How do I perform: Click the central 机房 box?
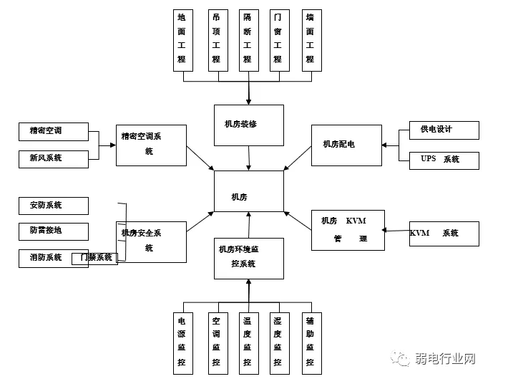(x=249, y=191)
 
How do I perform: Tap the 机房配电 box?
(x=346, y=145)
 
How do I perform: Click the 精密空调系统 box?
(x=151, y=145)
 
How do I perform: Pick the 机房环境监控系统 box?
(x=249, y=258)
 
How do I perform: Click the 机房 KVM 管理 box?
(x=348, y=230)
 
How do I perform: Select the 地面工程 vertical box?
(x=183, y=40)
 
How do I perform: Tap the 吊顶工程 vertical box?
(x=216, y=40)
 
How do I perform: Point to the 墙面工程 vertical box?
(x=310, y=40)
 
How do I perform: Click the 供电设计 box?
(x=444, y=130)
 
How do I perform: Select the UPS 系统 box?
(x=444, y=160)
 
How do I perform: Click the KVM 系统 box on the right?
(x=444, y=234)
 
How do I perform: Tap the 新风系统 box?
(x=54, y=158)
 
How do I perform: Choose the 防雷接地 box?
(x=54, y=231)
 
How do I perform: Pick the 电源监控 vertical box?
(x=183, y=343)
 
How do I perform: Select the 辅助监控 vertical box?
(x=310, y=343)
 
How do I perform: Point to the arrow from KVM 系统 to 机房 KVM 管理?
(x=396, y=230)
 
